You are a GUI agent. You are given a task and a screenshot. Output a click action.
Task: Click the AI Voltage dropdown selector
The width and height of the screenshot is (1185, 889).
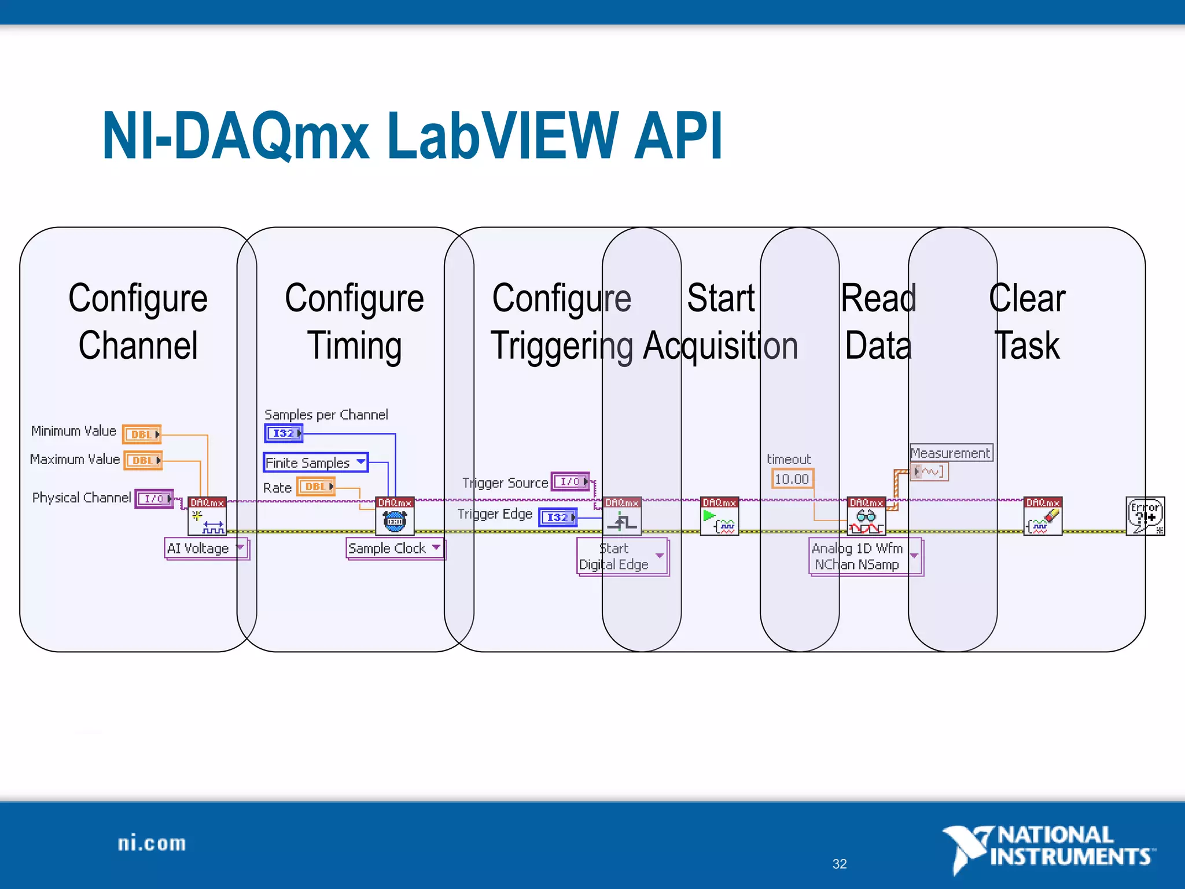(x=207, y=548)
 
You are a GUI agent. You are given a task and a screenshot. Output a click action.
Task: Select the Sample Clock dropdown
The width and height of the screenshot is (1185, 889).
(x=395, y=548)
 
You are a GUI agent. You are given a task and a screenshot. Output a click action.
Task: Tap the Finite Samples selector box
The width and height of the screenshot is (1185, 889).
(x=315, y=462)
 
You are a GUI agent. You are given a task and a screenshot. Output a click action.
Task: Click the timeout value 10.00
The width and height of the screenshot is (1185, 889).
(x=792, y=479)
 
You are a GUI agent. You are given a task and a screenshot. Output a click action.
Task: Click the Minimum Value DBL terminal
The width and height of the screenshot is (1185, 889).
(x=142, y=434)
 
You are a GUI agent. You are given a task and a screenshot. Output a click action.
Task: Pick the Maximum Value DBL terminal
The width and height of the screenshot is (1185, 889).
(x=143, y=460)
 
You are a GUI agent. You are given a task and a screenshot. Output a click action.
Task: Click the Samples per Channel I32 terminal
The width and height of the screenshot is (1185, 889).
(x=284, y=433)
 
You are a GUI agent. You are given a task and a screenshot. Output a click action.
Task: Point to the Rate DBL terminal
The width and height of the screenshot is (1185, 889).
(x=316, y=487)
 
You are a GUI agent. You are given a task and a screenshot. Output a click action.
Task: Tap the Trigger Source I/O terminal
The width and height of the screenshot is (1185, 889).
(x=571, y=482)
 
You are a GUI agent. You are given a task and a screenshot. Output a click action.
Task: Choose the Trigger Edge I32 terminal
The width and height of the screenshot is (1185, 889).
(x=558, y=517)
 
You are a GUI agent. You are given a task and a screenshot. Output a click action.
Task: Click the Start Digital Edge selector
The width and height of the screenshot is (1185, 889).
(x=623, y=557)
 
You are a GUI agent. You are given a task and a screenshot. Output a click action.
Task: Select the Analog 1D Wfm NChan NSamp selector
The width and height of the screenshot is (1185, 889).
(x=864, y=557)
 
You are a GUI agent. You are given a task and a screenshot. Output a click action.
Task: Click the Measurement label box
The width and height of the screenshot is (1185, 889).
(x=951, y=453)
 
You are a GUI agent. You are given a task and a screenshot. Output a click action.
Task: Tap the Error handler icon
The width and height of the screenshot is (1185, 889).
(x=1145, y=516)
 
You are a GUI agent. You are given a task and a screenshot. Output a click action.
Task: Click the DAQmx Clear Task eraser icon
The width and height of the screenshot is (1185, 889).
(x=1043, y=516)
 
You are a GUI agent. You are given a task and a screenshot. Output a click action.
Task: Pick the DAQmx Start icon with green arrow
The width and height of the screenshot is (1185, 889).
(x=719, y=516)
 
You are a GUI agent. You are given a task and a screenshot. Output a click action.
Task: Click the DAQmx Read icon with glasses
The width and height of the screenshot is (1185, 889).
(x=866, y=516)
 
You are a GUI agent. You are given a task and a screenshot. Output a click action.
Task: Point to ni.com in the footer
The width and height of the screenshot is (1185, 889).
(x=152, y=843)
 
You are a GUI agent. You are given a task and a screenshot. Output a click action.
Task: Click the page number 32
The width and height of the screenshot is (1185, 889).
(x=840, y=864)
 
